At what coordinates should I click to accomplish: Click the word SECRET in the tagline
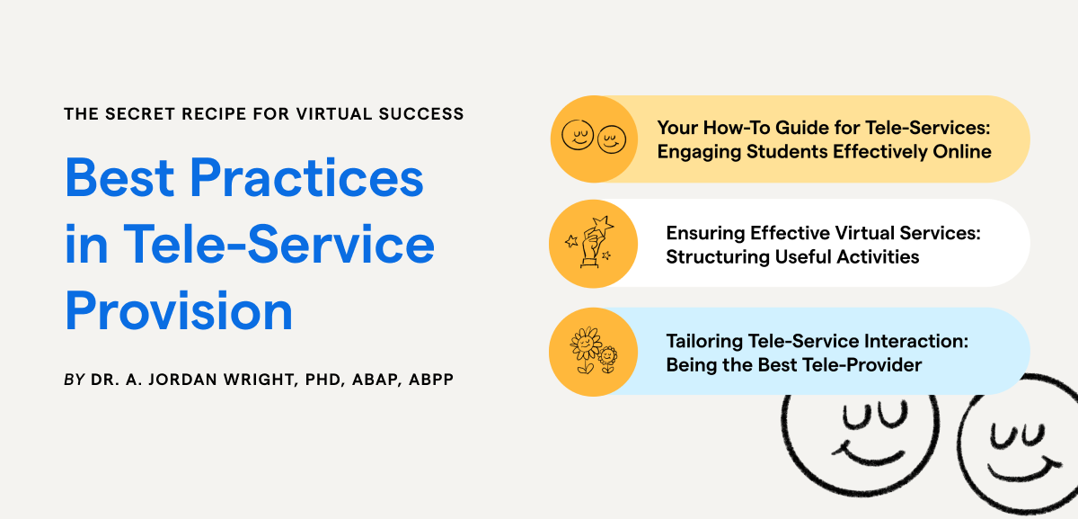pyautogui.click(x=132, y=114)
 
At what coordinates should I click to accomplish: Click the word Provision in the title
pyautogui.click(x=179, y=311)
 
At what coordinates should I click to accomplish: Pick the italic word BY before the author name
pyautogui.click(x=75, y=380)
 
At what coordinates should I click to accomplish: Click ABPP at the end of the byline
pyautogui.click(x=431, y=380)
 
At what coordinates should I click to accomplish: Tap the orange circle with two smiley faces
pyautogui.click(x=593, y=139)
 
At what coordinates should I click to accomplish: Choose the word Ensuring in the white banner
pyautogui.click(x=702, y=233)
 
